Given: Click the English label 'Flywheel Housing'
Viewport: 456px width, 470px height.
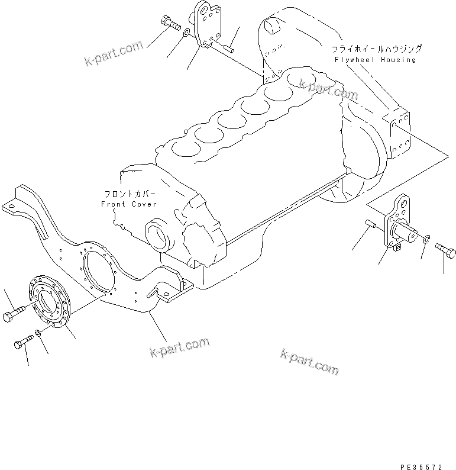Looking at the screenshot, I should coord(383,60).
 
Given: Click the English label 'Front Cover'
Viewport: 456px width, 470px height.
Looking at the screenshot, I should coord(128,204).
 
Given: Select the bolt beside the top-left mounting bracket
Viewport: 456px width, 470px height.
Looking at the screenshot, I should coord(170,25).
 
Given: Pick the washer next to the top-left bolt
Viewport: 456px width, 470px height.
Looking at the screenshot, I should coord(186,34).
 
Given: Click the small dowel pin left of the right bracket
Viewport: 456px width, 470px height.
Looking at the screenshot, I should coord(371,224).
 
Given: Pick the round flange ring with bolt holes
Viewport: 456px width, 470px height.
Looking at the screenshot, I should coord(50,303).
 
